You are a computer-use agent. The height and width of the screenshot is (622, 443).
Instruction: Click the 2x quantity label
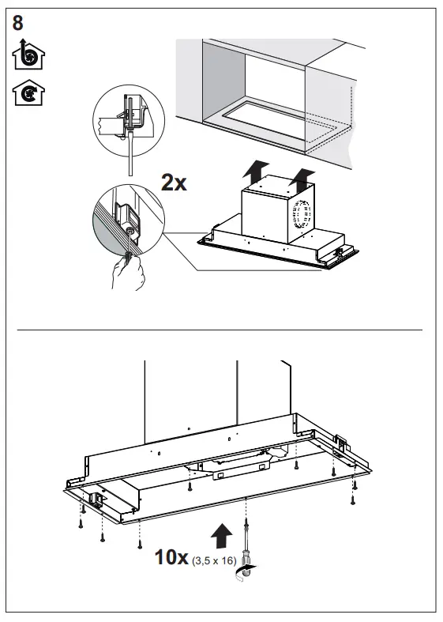(174, 183)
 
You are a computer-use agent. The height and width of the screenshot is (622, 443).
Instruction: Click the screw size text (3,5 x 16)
(213, 561)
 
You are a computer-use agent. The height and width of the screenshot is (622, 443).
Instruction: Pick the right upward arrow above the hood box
(302, 177)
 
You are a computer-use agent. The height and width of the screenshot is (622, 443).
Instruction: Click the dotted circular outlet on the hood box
(302, 214)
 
